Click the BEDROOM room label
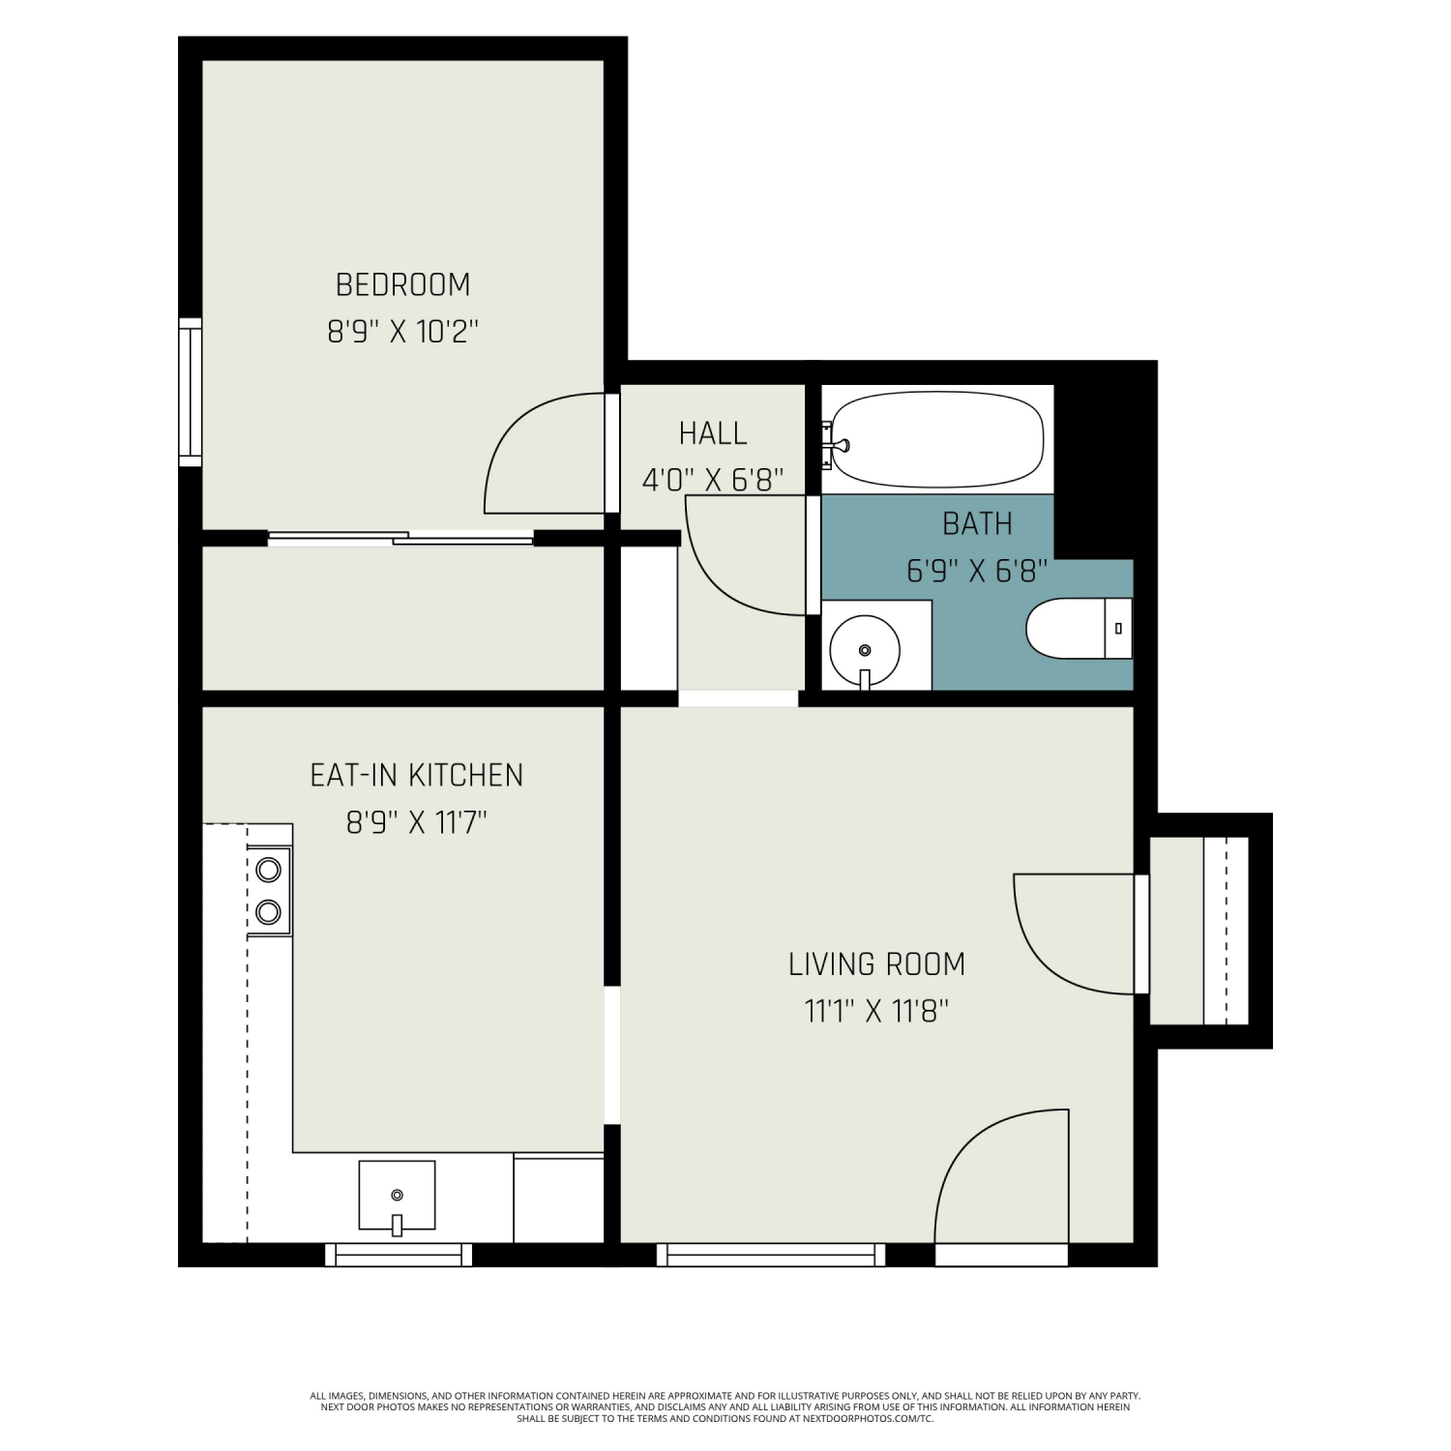pos(402,284)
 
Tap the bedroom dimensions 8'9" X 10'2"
pos(402,332)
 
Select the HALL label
pos(713,433)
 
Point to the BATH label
pos(977,523)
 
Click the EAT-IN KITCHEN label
pos(416,775)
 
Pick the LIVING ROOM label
pos(876,964)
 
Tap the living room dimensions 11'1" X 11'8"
pos(876,1012)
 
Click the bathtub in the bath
pos(937,440)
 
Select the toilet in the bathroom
pos(1079,628)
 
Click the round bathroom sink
pos(866,650)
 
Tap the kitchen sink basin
pos(397,1196)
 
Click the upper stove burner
pos(268,870)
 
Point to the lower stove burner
pos(268,911)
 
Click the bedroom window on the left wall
pos(191,392)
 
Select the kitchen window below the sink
pos(399,1255)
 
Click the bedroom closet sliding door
pos(400,538)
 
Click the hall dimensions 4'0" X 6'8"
pos(713,480)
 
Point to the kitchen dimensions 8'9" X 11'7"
pos(416,822)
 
